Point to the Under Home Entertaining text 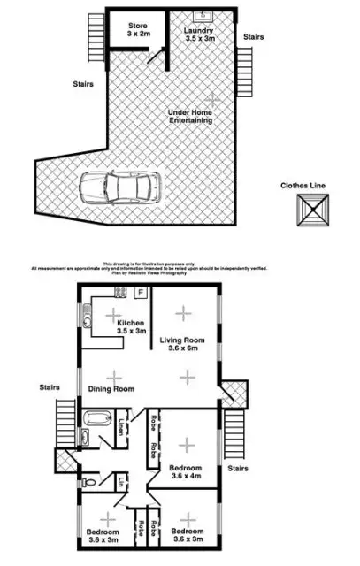191,116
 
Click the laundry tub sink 203,15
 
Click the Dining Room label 111,389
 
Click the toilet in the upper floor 96,483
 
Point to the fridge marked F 142,293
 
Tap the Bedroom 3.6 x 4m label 186,470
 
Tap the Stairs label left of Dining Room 49,386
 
